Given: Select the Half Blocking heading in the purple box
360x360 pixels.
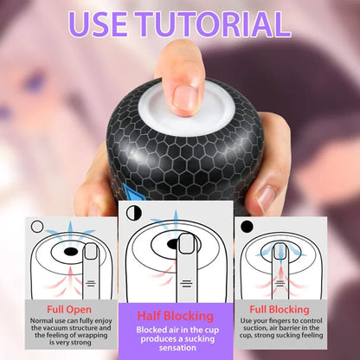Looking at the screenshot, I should click(x=176, y=317).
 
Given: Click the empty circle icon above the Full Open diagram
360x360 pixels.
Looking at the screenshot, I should click(x=36, y=227).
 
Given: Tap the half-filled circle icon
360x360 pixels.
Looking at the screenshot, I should click(x=133, y=212).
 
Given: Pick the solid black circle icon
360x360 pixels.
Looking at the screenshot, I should click(x=247, y=227).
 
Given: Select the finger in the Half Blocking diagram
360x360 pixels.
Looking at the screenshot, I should click(x=186, y=260).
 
